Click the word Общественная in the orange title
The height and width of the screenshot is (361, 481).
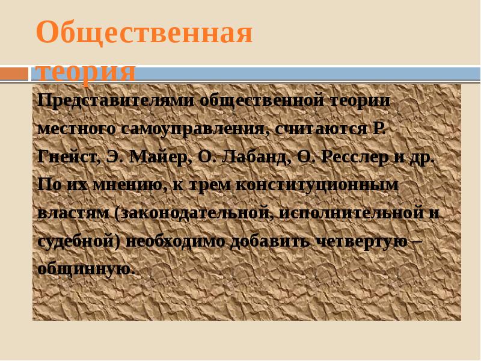pyautogui.click(x=144, y=33)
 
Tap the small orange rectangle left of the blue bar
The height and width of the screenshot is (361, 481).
pyautogui.click(x=14, y=74)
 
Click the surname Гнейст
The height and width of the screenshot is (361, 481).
pyautogui.click(x=67, y=157)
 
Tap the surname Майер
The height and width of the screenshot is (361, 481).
pyautogui.click(x=159, y=157)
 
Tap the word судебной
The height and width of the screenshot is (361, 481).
pyautogui.click(x=75, y=241)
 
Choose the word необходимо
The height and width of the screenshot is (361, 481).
pyautogui.click(x=178, y=241)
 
